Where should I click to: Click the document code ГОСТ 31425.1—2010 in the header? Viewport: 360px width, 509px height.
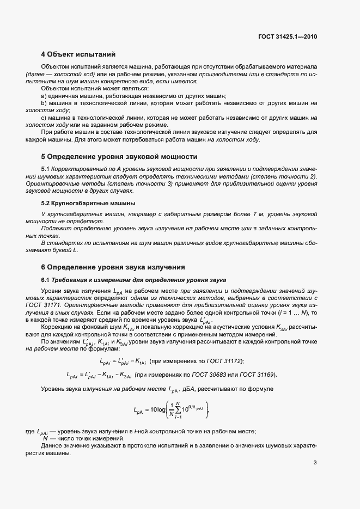(x=287, y=37)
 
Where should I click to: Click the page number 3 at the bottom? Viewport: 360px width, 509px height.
(x=315, y=463)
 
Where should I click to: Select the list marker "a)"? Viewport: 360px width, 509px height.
(x=44, y=96)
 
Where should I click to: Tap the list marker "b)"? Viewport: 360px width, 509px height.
(x=44, y=103)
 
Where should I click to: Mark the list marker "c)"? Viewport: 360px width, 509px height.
(x=44, y=118)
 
